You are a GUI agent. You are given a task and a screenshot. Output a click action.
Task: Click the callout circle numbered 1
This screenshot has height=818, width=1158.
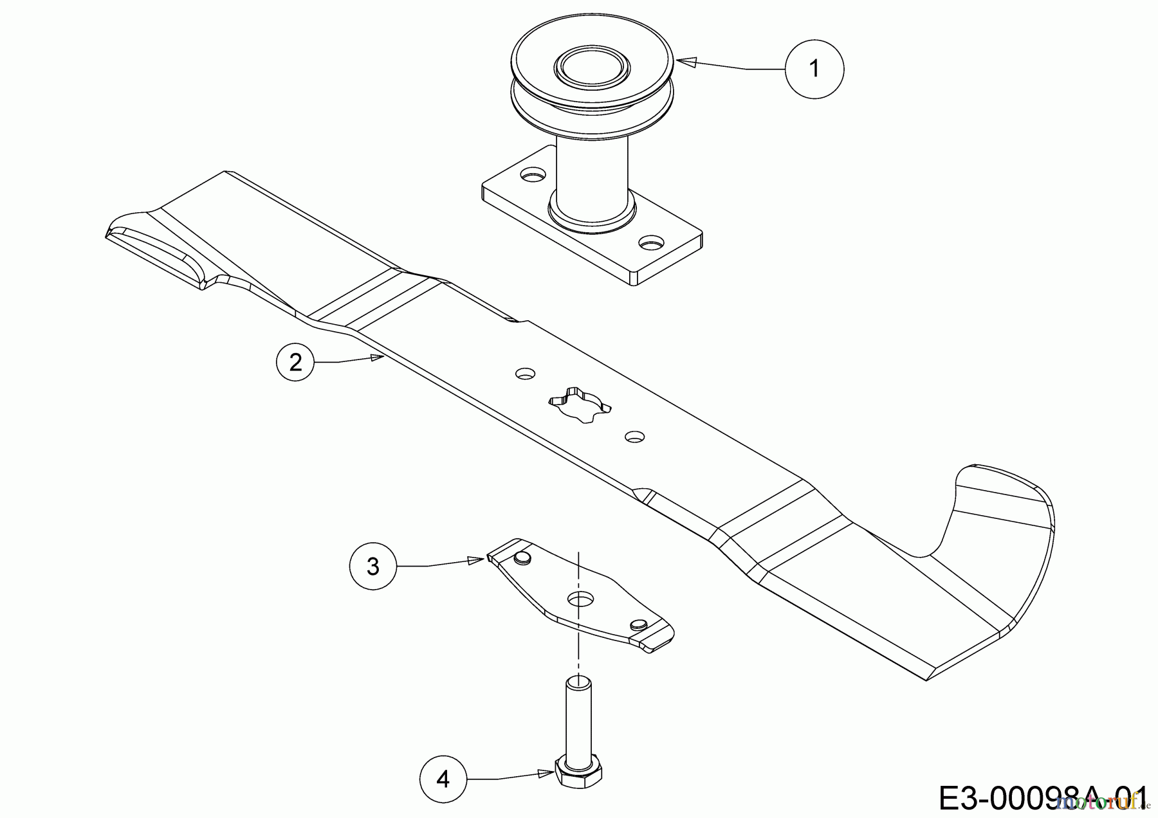(814, 68)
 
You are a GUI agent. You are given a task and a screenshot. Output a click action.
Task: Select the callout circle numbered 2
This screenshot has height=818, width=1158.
(295, 363)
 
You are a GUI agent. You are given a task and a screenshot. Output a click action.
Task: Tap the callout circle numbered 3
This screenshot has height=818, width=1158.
(373, 566)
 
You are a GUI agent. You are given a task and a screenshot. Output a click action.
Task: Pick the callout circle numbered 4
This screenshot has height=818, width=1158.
(443, 779)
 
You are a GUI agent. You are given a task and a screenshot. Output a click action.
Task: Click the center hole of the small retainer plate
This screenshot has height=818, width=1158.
(580, 599)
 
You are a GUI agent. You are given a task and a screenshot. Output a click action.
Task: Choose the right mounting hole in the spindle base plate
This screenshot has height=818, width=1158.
(652, 244)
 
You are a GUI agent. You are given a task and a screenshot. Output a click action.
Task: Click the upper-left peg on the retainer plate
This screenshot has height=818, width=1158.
(522, 557)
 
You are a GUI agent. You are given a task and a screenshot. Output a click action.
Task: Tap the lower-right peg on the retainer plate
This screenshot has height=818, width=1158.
(638, 624)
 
